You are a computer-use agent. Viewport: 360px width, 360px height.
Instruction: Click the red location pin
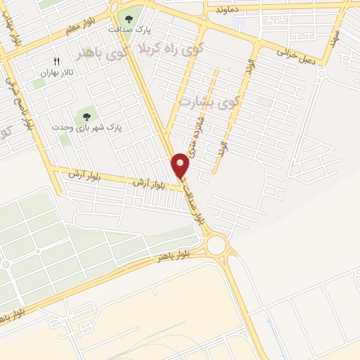pos(181,165)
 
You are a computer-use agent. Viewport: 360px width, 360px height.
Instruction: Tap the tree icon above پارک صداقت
pos(128,18)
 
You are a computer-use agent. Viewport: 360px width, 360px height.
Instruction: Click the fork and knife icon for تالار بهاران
pos(57,61)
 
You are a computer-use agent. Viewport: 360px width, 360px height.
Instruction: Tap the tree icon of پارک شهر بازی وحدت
pos(86,117)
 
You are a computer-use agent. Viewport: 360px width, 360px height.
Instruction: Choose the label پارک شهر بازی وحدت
pos(86,128)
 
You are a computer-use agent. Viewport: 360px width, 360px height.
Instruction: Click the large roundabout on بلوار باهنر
pos(217,245)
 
